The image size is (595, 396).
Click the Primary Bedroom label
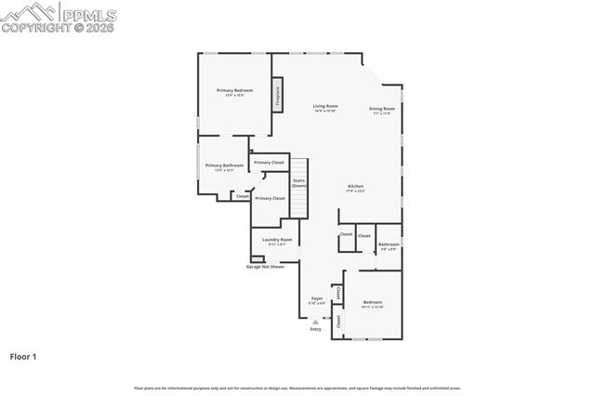[234, 92]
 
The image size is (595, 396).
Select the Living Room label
[324, 108]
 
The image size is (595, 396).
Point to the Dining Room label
[382, 110]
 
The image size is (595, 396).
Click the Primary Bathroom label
[224, 167]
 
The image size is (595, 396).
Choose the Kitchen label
[356, 188]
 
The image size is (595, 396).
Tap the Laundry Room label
[276, 241]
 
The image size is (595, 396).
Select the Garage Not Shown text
[265, 267]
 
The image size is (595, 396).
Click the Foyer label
[317, 300]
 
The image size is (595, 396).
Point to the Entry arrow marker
[315, 321]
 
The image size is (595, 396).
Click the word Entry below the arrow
[315, 329]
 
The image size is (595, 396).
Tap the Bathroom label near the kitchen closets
[388, 245]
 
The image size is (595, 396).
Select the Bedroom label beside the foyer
[373, 304]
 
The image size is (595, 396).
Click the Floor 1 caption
[23, 356]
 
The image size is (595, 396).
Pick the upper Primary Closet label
[269, 163]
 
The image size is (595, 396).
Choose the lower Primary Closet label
[270, 198]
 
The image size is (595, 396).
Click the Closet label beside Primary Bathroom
[242, 196]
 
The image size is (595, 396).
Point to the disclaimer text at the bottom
[297, 388]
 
